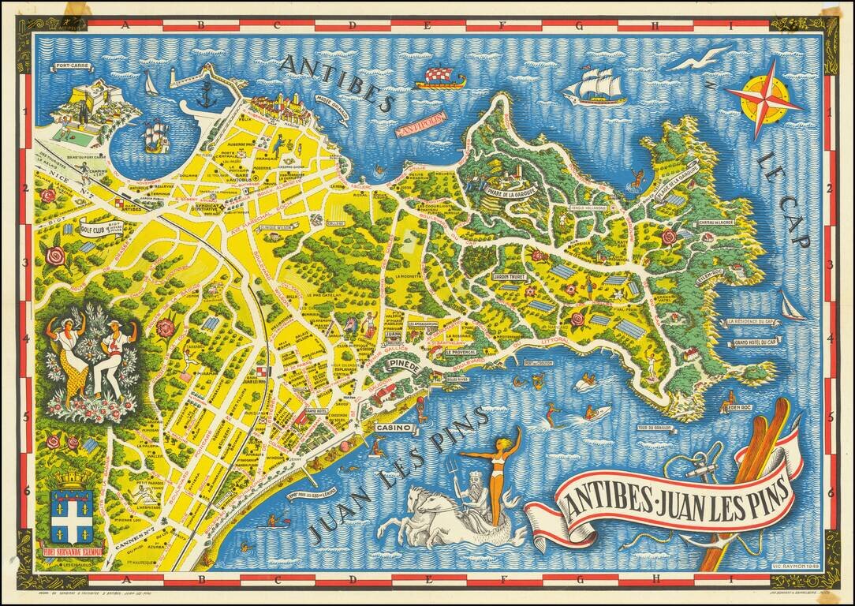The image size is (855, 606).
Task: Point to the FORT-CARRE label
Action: [x=70, y=67]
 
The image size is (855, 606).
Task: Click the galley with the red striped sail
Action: [x=439, y=77]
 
